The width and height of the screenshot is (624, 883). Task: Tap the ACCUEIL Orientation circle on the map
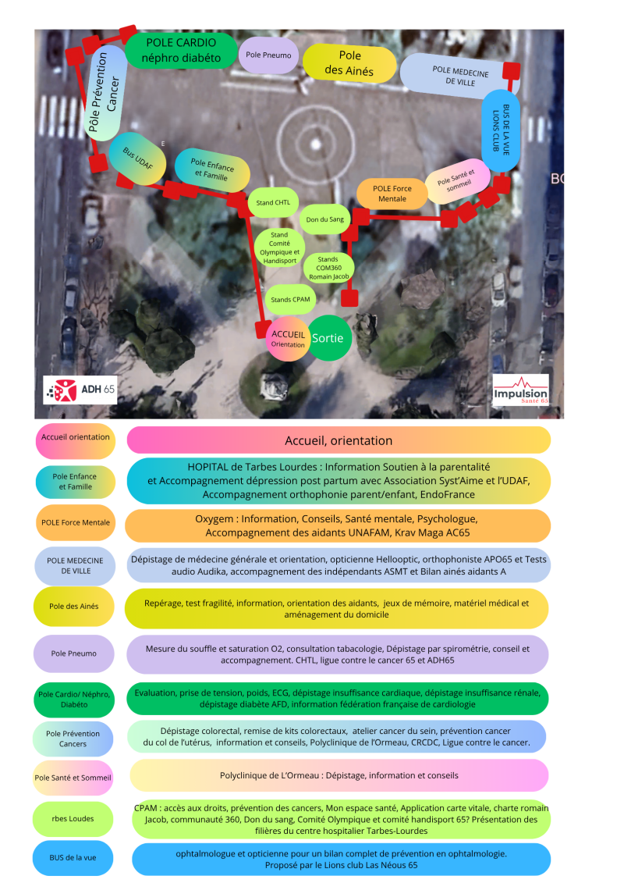point(288,339)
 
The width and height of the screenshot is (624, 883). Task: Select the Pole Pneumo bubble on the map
point(268,55)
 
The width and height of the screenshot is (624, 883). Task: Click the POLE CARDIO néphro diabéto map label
point(181,50)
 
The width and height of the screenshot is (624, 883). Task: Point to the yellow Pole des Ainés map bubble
point(349,64)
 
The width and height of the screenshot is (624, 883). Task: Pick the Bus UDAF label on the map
point(137,160)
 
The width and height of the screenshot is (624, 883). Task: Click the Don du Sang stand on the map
point(325,219)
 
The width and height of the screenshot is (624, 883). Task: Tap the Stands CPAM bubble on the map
point(291,300)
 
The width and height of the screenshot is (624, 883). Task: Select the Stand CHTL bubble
point(273,203)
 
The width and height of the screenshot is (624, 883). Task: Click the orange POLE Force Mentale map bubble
point(392,194)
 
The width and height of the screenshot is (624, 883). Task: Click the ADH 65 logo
point(81,389)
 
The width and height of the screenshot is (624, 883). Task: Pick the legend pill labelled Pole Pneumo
point(75,653)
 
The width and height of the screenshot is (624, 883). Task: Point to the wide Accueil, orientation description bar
point(339,440)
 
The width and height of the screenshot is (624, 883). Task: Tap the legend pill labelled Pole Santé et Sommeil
point(74,778)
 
